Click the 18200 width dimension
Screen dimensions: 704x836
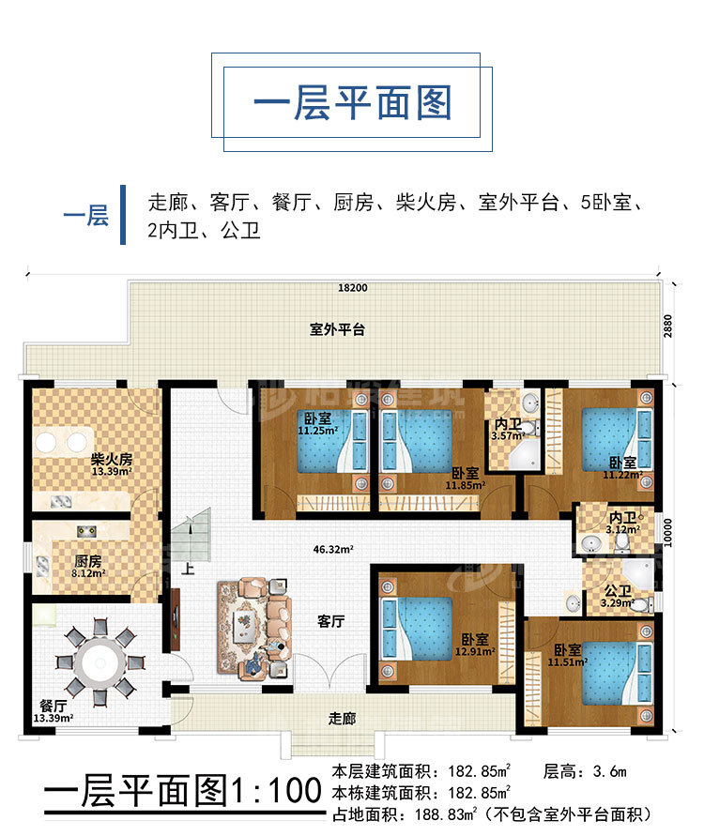point(353,288)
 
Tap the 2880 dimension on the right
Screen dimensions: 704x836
point(667,326)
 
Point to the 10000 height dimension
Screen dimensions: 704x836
point(667,533)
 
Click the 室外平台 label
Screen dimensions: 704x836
point(337,329)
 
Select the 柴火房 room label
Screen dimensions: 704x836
point(112,459)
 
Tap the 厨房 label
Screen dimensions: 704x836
point(88,561)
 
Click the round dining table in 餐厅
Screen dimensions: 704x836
point(100,662)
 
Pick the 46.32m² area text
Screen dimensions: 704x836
point(333,549)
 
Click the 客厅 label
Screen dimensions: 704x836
point(330,621)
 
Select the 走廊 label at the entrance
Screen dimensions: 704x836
point(342,718)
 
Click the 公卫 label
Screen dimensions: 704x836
point(619,591)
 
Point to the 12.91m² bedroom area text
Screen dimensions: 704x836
point(475,651)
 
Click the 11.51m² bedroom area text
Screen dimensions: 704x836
point(568,661)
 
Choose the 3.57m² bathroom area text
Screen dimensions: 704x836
point(507,435)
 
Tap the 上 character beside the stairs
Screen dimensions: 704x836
point(188,569)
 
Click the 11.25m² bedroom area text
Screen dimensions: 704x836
point(318,431)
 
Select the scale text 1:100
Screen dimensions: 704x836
point(275,790)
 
